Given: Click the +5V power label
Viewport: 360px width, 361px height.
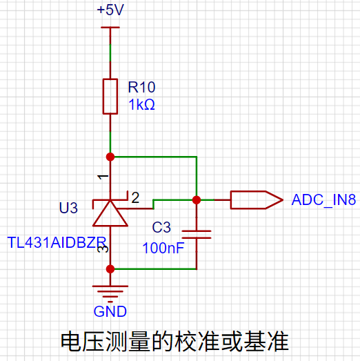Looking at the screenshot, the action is coord(110,10).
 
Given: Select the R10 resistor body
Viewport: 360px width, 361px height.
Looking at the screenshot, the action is coord(110,97).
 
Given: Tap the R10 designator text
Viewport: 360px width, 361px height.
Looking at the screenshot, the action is coord(141,87).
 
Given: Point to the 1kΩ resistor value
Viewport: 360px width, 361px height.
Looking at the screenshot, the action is coord(141,104).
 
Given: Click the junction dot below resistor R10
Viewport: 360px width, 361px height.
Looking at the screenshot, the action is coord(110,157).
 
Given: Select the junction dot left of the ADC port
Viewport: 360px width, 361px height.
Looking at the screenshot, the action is coord(197,200).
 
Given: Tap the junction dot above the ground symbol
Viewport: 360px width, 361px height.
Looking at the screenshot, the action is coord(110,269).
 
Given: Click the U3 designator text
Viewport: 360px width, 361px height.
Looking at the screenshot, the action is coord(68,208).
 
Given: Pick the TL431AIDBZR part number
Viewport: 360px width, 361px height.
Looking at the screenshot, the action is coord(57,242).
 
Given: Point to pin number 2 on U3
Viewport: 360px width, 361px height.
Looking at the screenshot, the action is coord(135,197).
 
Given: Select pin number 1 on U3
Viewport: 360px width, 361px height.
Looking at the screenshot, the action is coord(103,177).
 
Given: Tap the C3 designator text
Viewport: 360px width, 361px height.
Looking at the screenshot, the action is coord(161,227).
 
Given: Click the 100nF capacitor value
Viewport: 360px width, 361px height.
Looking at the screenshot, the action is coord(163,248).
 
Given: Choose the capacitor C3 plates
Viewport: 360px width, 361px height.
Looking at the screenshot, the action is coord(197,235).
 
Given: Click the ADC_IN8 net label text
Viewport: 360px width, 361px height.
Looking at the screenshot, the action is coord(323,200).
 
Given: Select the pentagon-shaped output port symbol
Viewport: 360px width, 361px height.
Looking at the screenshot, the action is coord(257,200).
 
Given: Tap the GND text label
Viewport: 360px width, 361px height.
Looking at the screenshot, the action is coord(110,311).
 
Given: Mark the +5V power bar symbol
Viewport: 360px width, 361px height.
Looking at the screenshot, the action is coord(110,28).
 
